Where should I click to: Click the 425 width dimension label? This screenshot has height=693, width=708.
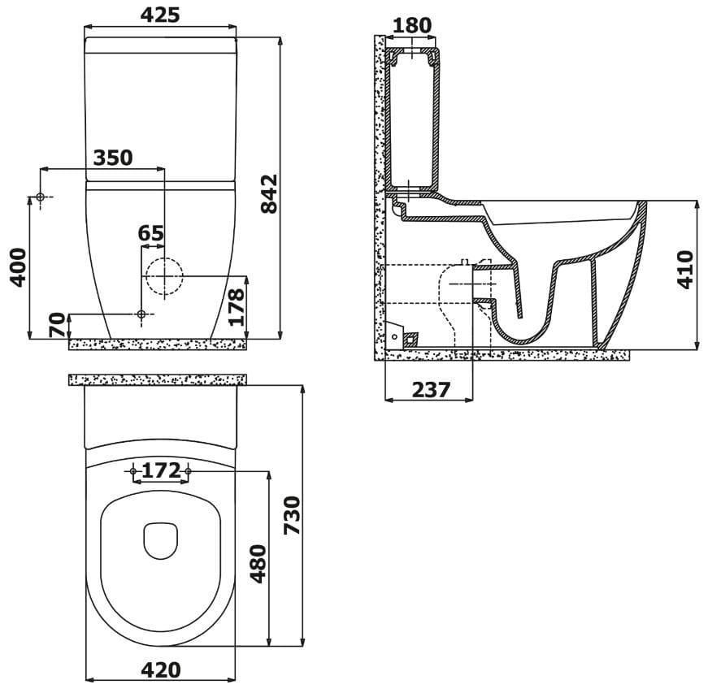point(160,15)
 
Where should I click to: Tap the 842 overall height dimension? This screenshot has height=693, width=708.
point(269,193)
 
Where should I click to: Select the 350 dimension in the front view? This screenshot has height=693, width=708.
point(113,158)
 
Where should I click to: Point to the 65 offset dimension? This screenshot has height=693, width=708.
point(151,233)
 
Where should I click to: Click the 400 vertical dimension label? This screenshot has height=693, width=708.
point(19,267)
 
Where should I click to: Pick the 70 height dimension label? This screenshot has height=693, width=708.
point(58,325)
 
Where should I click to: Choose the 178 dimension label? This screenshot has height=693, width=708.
point(237,307)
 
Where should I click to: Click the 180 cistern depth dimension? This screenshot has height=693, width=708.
point(412,25)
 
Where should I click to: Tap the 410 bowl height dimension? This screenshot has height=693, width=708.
point(685,270)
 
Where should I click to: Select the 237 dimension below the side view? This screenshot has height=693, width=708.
point(431,390)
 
